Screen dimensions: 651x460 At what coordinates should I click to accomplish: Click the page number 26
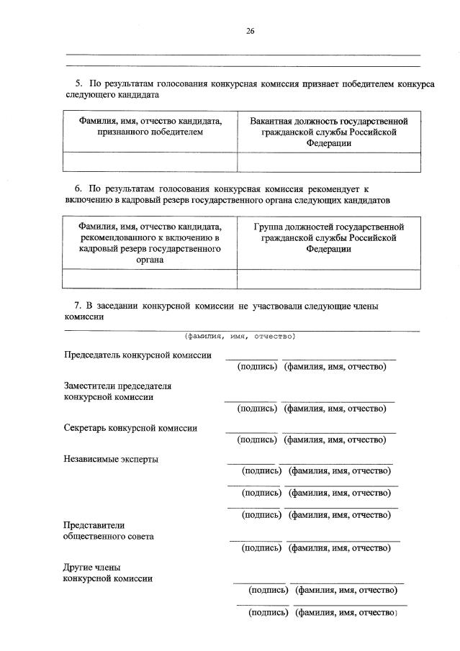(250, 31)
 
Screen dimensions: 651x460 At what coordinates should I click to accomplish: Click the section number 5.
(79, 84)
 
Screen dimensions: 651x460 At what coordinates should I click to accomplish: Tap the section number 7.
(79, 306)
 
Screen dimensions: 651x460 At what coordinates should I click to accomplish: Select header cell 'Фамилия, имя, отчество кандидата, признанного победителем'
(150, 127)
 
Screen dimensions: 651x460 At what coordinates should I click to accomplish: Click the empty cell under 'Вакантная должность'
(328, 163)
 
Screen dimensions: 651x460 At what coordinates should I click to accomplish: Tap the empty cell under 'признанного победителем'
(150, 163)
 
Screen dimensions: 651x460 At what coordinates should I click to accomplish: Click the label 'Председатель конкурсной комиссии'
(137, 355)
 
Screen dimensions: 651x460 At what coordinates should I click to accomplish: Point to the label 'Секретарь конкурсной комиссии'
(130, 427)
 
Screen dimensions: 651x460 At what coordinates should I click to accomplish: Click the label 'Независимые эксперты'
(111, 459)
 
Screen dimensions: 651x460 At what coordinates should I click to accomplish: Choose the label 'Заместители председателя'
(117, 386)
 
